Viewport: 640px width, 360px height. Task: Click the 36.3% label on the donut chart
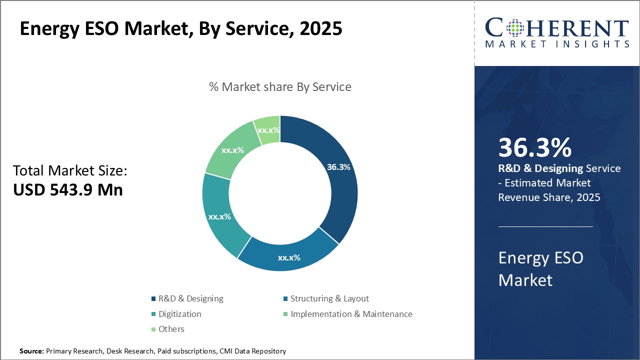click(338, 167)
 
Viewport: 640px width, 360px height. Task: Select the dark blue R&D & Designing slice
click(340, 195)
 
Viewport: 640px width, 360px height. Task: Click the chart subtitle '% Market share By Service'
click(280, 87)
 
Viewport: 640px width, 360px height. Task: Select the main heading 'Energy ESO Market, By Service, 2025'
click(181, 28)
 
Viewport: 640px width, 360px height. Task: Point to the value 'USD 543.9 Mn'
click(68, 189)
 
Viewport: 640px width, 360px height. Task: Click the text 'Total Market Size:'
click(70, 171)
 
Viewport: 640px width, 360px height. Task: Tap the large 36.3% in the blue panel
click(534, 148)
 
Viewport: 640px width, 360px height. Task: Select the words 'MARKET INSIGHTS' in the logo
click(557, 44)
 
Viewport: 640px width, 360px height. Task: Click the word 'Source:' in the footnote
click(31, 351)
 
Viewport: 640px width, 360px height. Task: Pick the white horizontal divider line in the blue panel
click(545, 226)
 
